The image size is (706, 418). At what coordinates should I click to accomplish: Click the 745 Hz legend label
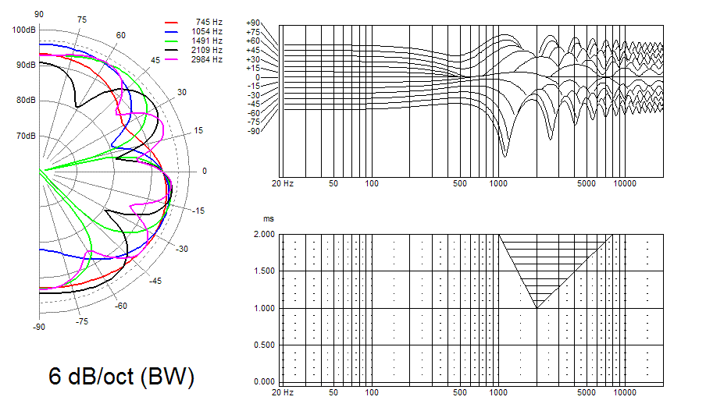tap(209, 22)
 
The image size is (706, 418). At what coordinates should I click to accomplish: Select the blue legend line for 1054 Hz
tap(171, 31)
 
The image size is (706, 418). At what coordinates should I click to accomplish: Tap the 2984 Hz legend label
tap(207, 59)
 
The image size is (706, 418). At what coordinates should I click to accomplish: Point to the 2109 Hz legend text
tap(207, 50)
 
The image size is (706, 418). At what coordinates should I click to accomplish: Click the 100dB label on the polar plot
tap(24, 30)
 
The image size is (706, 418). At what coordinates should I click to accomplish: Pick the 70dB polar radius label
tap(26, 136)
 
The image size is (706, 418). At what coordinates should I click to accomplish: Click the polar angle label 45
tap(155, 60)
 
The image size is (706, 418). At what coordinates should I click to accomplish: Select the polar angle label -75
tap(81, 321)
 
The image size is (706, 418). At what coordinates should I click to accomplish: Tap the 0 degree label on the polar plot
tap(205, 171)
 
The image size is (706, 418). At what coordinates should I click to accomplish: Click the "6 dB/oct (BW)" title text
tap(122, 376)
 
